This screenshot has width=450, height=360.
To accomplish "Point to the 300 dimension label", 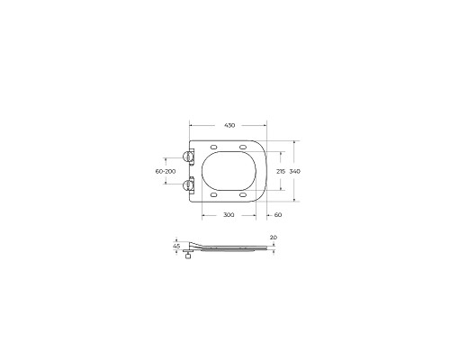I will click(x=228, y=216).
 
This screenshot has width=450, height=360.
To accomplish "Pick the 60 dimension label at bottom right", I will click(x=277, y=216).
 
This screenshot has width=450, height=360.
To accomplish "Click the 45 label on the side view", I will click(x=177, y=246).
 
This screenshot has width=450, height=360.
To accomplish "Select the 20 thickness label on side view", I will click(x=273, y=238).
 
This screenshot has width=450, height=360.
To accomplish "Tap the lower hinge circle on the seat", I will click(x=190, y=185).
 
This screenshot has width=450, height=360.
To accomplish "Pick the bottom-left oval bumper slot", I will click(x=213, y=194).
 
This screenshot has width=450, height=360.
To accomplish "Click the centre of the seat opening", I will click(x=230, y=171).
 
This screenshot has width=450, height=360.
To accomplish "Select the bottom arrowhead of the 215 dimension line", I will click(x=285, y=190).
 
